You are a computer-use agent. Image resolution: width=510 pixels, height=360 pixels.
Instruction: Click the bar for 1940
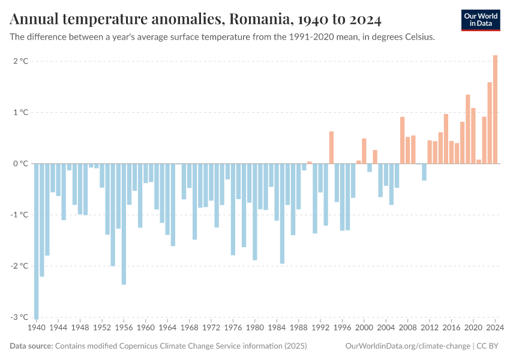click(x=37, y=240)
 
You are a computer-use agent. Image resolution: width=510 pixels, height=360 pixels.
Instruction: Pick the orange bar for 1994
click(x=331, y=147)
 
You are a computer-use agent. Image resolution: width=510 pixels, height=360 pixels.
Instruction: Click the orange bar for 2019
click(x=467, y=129)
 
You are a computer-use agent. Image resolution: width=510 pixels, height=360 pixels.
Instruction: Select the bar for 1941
click(x=42, y=220)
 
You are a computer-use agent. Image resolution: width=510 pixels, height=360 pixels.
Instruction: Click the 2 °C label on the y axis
click(x=20, y=61)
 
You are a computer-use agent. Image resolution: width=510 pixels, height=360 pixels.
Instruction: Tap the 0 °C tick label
click(x=20, y=163)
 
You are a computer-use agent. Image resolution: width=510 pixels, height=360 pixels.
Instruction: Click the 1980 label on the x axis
click(x=254, y=328)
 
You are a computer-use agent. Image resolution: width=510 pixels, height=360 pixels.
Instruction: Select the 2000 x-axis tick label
click(x=364, y=328)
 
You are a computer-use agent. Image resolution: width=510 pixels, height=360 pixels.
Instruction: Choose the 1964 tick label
click(x=167, y=328)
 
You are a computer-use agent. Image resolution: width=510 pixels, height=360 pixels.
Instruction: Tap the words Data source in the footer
click(x=31, y=346)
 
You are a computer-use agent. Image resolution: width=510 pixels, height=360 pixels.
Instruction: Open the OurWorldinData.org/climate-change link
click(x=409, y=346)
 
